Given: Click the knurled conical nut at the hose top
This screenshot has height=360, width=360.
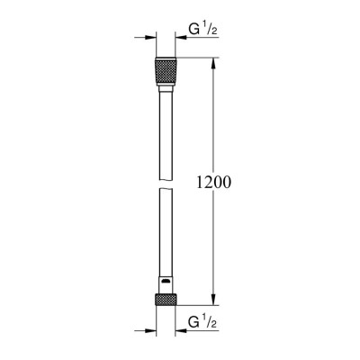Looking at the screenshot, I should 165,71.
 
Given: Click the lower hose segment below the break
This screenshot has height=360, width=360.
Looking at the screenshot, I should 165,238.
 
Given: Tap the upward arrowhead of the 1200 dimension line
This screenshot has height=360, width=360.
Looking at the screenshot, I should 213,65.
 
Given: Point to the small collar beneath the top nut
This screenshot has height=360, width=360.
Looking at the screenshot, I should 165,88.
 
